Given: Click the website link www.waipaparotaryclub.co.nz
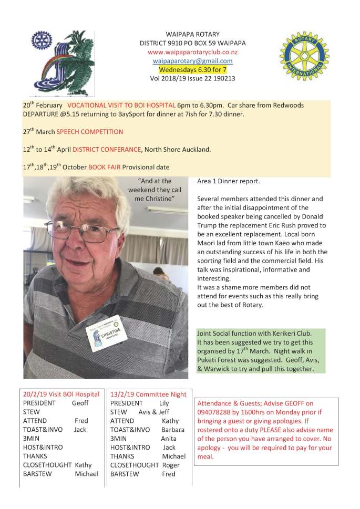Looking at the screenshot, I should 192,52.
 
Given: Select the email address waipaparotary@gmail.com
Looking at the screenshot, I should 192,60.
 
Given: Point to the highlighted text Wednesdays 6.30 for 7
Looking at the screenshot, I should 192,69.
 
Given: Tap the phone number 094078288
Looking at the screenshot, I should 216,412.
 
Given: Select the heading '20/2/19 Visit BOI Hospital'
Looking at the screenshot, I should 61,393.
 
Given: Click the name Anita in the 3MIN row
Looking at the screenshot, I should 169,438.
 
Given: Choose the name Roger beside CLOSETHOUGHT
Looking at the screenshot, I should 170,465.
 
